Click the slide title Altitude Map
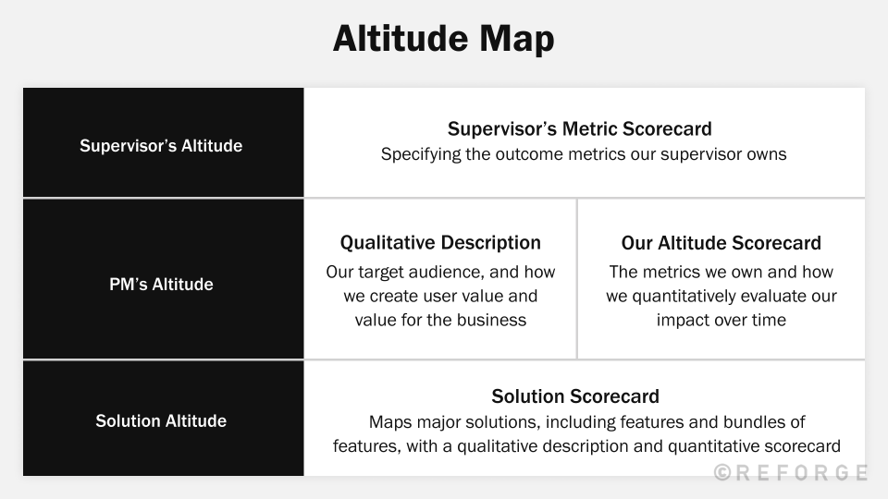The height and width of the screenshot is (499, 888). click(x=443, y=39)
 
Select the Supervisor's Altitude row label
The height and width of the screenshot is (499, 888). click(x=161, y=146)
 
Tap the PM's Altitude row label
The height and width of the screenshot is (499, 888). click(x=161, y=285)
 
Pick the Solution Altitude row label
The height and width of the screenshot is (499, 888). click(x=161, y=421)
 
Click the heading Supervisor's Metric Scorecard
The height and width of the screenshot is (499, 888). click(x=580, y=128)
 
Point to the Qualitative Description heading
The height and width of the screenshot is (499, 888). click(x=440, y=243)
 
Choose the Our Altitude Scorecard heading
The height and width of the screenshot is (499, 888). click(x=721, y=243)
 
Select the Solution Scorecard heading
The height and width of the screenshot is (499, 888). click(x=575, y=396)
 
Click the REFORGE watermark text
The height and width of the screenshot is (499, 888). click(x=802, y=473)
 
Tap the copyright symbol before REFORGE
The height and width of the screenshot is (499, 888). click(x=723, y=473)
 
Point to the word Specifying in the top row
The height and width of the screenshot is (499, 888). click(x=421, y=154)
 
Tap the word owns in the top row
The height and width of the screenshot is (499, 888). click(x=766, y=154)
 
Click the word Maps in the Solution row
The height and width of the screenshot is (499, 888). click(x=389, y=422)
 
